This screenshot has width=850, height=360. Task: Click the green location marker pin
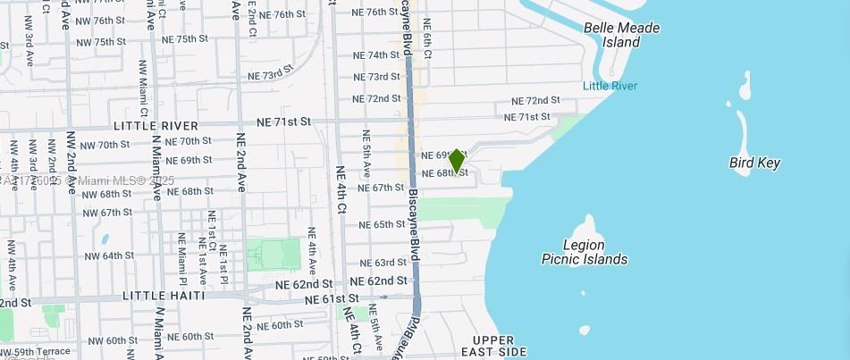(457, 160)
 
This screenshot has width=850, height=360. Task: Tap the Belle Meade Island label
(621, 35)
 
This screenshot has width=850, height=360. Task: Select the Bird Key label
(754, 163)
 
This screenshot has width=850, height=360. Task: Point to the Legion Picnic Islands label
(585, 252)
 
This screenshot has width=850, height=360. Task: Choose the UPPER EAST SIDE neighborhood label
(493, 347)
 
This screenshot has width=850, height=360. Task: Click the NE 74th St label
(376, 55)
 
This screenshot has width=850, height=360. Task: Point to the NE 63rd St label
(384, 264)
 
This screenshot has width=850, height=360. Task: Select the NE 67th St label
(382, 188)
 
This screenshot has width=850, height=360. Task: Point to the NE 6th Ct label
(427, 39)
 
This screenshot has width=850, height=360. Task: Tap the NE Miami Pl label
(181, 254)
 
